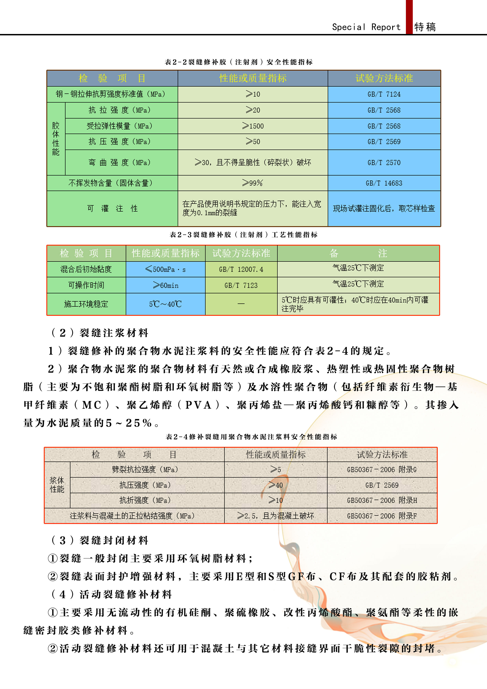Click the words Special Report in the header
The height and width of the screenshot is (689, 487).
click(366, 27)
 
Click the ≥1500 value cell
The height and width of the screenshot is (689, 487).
click(253, 126)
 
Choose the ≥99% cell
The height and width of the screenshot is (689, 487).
click(253, 183)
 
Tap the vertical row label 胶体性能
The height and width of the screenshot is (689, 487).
click(56, 139)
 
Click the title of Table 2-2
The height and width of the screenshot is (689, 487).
click(239, 62)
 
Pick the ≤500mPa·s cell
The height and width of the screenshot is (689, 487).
click(165, 269)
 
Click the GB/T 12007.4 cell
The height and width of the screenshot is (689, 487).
click(241, 269)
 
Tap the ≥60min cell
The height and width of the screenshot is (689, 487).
click(165, 285)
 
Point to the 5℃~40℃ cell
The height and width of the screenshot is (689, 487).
click(165, 304)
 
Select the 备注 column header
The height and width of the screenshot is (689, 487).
click(358, 253)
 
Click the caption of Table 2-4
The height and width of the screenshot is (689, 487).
click(251, 437)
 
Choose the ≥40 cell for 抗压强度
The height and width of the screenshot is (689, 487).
click(276, 485)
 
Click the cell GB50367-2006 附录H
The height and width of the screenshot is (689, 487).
click(382, 500)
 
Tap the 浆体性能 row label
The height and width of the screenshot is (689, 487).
click(57, 485)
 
